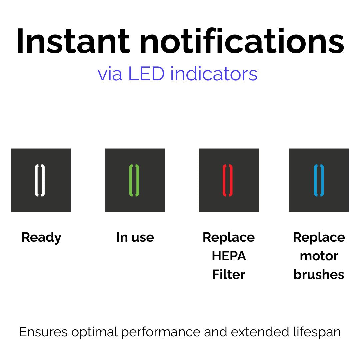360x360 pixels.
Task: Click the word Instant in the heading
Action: click(73, 41)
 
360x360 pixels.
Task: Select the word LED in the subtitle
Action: click(146, 74)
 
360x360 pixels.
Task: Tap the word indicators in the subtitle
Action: click(214, 74)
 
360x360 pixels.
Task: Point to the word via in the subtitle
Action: click(110, 74)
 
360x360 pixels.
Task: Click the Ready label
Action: click(42, 238)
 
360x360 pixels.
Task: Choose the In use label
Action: click(135, 237)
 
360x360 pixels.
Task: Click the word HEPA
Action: click(229, 256)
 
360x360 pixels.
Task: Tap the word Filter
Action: click(229, 274)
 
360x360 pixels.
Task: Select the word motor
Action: click(319, 256)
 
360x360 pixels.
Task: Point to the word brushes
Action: click(319, 274)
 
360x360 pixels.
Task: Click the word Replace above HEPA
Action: click(229, 238)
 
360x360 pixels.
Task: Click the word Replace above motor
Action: click(319, 238)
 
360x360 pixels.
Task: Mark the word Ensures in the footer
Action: click(43, 332)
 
